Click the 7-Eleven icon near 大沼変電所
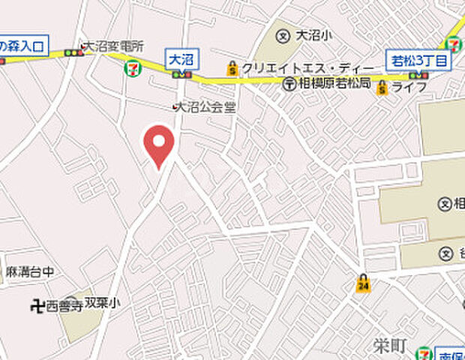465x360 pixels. click(x=132, y=68)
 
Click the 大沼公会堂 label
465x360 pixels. click(x=207, y=107)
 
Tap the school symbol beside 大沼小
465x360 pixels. click(x=283, y=35)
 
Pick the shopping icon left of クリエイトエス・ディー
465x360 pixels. click(x=233, y=68)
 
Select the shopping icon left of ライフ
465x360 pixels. click(x=382, y=88)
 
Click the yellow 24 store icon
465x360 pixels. click(x=363, y=283)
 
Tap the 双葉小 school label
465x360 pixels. click(x=101, y=302)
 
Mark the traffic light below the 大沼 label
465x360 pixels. click(x=180, y=75)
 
